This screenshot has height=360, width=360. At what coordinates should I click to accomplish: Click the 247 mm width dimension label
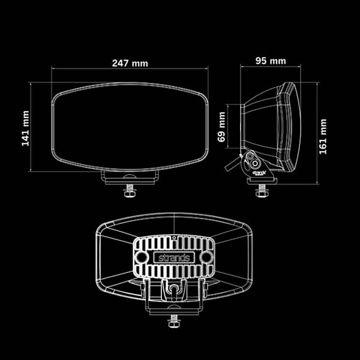130,62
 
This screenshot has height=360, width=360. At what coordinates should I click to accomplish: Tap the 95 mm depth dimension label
269,61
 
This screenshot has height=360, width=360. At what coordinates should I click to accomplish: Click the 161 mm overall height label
323,136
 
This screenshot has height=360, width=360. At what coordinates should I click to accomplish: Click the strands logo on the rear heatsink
173,257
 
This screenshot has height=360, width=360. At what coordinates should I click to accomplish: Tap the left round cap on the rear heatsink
141,256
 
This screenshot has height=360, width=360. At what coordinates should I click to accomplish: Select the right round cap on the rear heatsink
205,256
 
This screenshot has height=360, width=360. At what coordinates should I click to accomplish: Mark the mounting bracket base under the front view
130,177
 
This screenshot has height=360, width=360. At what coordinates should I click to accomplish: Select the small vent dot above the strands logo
173,238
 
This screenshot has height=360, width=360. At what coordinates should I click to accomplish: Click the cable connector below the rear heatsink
173,290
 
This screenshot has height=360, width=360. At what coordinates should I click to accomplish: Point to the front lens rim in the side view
292,126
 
